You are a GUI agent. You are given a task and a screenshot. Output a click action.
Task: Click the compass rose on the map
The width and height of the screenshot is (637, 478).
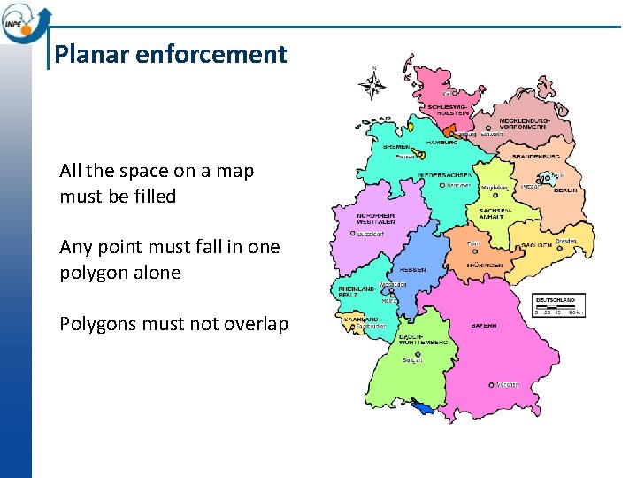374,86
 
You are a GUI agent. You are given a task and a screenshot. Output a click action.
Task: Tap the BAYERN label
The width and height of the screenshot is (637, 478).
484,326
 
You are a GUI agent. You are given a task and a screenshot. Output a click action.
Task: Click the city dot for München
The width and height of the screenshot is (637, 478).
492,384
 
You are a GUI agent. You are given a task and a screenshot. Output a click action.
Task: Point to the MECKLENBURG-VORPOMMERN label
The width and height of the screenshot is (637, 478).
525,124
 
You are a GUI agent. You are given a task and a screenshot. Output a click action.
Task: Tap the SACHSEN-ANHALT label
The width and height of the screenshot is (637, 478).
491,212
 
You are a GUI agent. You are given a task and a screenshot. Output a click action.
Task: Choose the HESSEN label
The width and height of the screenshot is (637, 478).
413,269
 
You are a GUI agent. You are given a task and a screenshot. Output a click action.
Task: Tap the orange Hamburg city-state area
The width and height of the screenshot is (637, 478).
449,132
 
